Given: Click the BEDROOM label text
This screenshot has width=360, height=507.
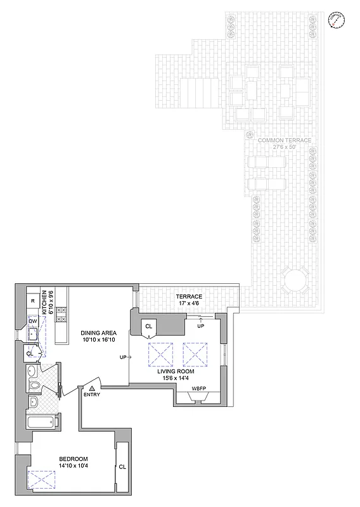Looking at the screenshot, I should [x=74, y=459].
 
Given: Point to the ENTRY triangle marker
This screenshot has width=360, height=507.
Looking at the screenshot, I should [x=92, y=387].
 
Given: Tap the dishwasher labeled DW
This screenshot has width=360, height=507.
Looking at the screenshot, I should [x=32, y=321].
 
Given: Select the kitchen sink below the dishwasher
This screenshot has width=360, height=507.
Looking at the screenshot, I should [x=32, y=334].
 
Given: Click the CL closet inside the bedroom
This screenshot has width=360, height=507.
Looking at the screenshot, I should [x=122, y=466].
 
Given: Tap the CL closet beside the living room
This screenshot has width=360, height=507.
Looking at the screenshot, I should [x=149, y=326].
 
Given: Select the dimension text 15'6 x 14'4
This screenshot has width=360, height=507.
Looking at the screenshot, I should [x=176, y=379].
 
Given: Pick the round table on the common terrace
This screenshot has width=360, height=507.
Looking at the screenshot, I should [x=295, y=278].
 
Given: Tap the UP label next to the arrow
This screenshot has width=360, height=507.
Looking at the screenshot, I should [x=122, y=357].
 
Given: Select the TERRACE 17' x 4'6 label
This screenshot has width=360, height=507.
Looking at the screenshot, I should [x=189, y=300].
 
